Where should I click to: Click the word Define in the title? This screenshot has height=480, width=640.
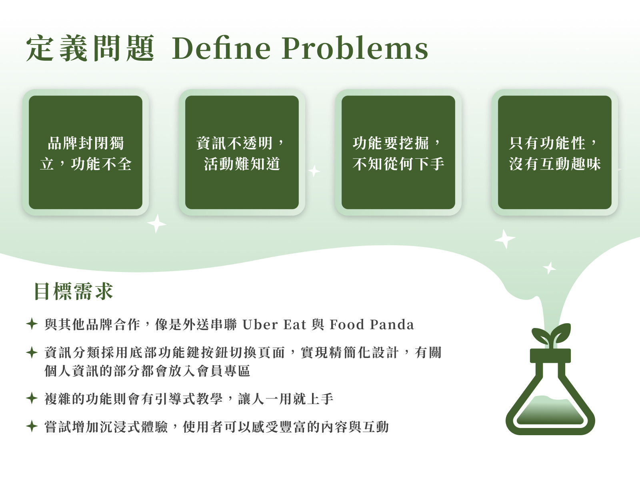click(x=221, y=48)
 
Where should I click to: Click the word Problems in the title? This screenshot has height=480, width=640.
click(x=355, y=48)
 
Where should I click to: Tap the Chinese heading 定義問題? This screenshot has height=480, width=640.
click(x=90, y=48)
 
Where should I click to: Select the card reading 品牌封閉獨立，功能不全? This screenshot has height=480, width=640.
click(x=86, y=152)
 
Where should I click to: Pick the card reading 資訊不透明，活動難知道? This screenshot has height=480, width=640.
click(x=242, y=152)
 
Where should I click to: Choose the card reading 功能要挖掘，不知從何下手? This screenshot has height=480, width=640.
click(x=398, y=152)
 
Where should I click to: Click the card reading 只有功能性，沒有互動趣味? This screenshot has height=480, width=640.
click(x=554, y=152)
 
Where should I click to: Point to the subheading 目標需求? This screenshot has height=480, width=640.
click(x=74, y=291)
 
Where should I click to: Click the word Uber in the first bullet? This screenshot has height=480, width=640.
click(x=260, y=325)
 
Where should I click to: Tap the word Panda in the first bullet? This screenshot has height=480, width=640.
click(x=392, y=325)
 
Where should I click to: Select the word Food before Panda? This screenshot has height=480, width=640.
click(x=347, y=325)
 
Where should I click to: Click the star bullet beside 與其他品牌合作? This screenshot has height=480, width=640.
click(x=32, y=324)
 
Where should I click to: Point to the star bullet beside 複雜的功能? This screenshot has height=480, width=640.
click(x=32, y=398)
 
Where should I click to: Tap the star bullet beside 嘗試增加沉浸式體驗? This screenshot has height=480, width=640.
click(x=32, y=426)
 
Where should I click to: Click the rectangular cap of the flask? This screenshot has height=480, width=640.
click(x=550, y=356)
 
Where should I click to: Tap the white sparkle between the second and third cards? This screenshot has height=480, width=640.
click(x=314, y=171)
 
